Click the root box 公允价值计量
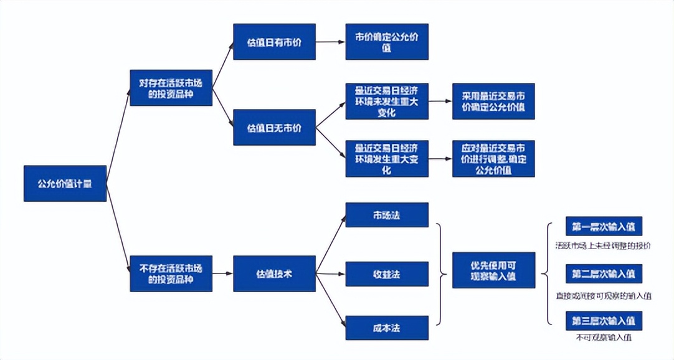coord(65,184)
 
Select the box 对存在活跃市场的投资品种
coord(171,88)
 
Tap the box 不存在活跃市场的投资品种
coord(171,273)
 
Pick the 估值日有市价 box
coord(274,42)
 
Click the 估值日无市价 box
coord(274,128)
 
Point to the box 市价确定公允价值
coord(387,42)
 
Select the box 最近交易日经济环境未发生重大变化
coord(387,101)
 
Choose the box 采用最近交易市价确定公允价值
coord(493,101)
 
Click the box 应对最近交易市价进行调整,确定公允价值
coord(493,158)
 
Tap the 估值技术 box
coord(274,273)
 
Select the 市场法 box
coord(387,215)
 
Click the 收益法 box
coord(387,273)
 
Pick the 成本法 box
coord(387,328)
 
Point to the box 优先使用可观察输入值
coord(493,270)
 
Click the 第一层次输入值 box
coord(604,226)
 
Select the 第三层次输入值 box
coord(604,321)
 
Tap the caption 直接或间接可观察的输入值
coord(603,296)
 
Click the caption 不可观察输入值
coord(603,338)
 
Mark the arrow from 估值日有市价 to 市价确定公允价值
coord(330,42)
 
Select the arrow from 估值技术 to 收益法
coord(330,273)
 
